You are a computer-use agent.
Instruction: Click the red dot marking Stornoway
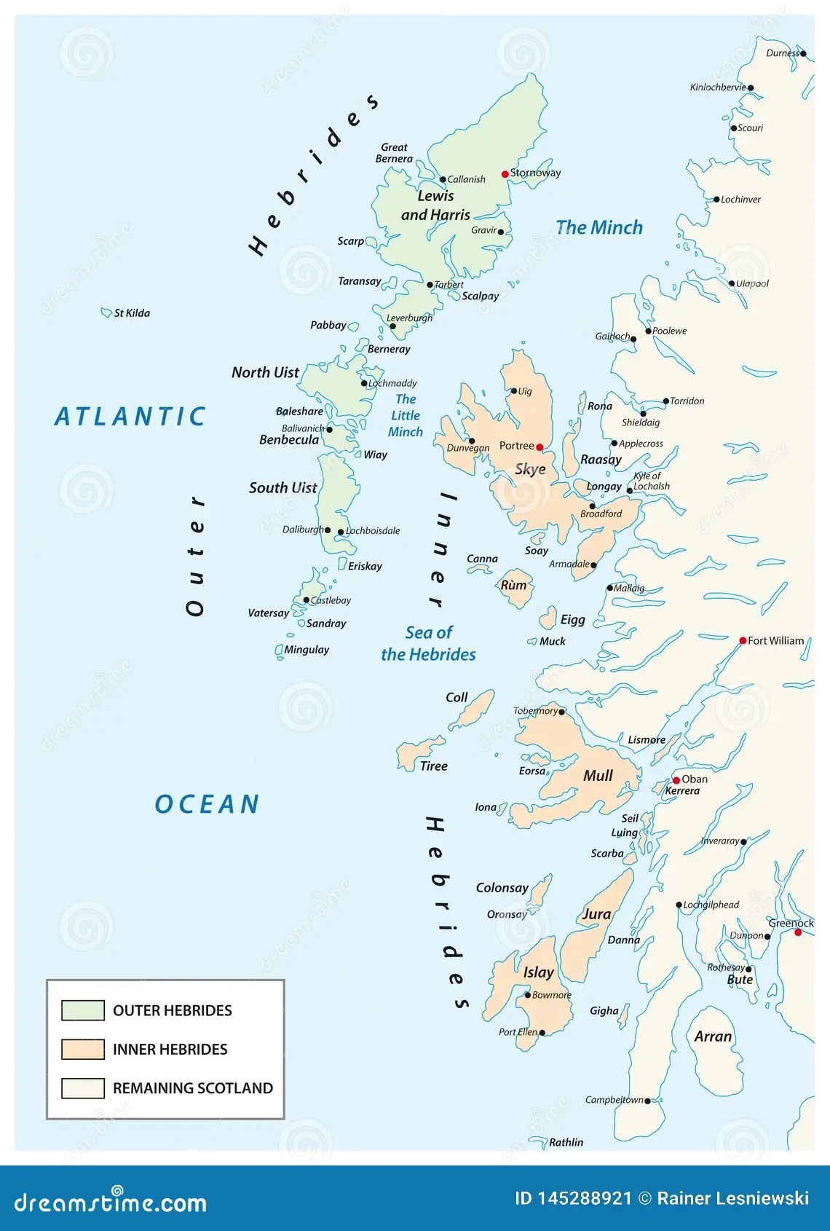[505, 174]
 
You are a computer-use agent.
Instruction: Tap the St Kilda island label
[132, 313]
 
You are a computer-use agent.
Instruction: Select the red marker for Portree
[539, 447]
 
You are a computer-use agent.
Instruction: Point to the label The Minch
[599, 228]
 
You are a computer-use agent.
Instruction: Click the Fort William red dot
[743, 641]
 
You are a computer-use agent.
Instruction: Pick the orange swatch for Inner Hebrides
[83, 1049]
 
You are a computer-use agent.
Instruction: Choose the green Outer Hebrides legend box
[83, 1010]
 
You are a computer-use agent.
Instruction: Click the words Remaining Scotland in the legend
[192, 1088]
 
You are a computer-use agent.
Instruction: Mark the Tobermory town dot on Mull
[561, 712]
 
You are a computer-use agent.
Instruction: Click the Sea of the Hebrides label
[429, 643]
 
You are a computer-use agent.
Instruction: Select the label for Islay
[539, 972]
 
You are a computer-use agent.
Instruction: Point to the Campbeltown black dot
[647, 1101]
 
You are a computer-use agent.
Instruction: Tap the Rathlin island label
[566, 1142]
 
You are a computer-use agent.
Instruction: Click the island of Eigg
[548, 620]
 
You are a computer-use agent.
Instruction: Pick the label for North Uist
[265, 372]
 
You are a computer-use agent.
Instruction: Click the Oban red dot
[676, 780]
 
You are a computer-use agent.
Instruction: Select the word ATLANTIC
[130, 417]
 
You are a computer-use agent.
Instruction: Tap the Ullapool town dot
[732, 284]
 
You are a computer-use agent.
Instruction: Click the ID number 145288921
[584, 1198]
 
